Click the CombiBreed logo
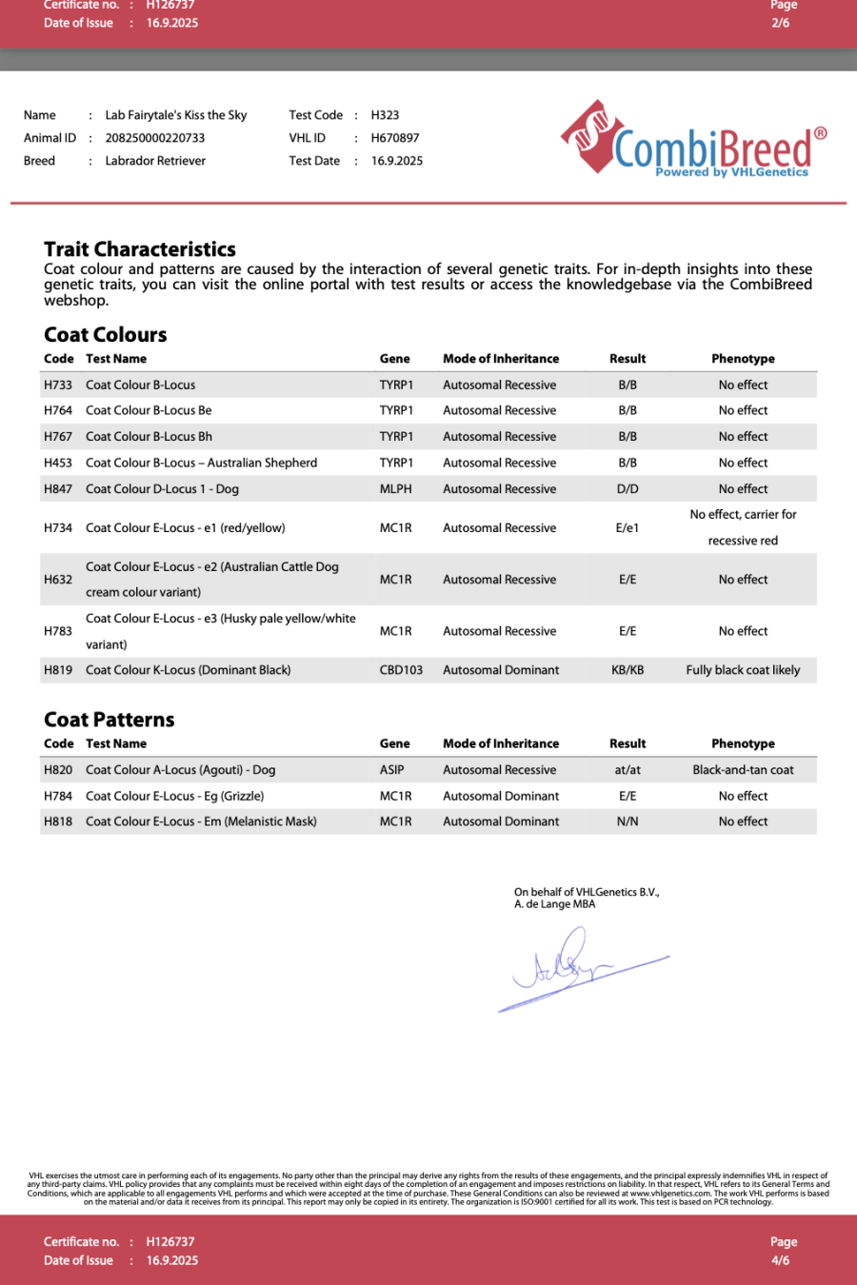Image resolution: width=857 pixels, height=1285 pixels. click(694, 141)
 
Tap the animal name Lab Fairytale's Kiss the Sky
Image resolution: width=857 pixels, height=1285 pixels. click(176, 115)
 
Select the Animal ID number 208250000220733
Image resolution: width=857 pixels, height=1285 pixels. click(155, 138)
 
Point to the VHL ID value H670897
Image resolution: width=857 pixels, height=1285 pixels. click(395, 138)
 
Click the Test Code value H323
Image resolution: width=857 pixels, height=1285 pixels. click(385, 115)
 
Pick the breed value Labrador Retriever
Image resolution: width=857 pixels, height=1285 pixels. click(155, 161)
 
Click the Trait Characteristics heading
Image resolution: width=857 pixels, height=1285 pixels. click(140, 249)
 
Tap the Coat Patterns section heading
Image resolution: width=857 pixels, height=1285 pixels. click(110, 720)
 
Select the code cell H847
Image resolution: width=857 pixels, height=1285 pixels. click(58, 489)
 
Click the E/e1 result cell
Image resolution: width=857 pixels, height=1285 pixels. click(628, 528)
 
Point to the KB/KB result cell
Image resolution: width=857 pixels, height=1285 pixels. click(628, 670)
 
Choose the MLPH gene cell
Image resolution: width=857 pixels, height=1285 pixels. click(396, 489)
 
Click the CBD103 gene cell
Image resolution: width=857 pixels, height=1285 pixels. click(401, 670)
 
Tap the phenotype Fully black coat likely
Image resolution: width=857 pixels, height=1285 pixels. click(743, 670)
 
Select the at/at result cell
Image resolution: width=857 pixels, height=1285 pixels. click(628, 770)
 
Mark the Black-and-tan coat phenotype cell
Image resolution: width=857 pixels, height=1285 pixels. click(743, 770)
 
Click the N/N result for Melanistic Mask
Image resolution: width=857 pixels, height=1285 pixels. click(628, 821)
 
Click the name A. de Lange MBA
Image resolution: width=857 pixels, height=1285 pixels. click(555, 904)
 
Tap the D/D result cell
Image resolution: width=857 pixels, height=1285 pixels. click(628, 489)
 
